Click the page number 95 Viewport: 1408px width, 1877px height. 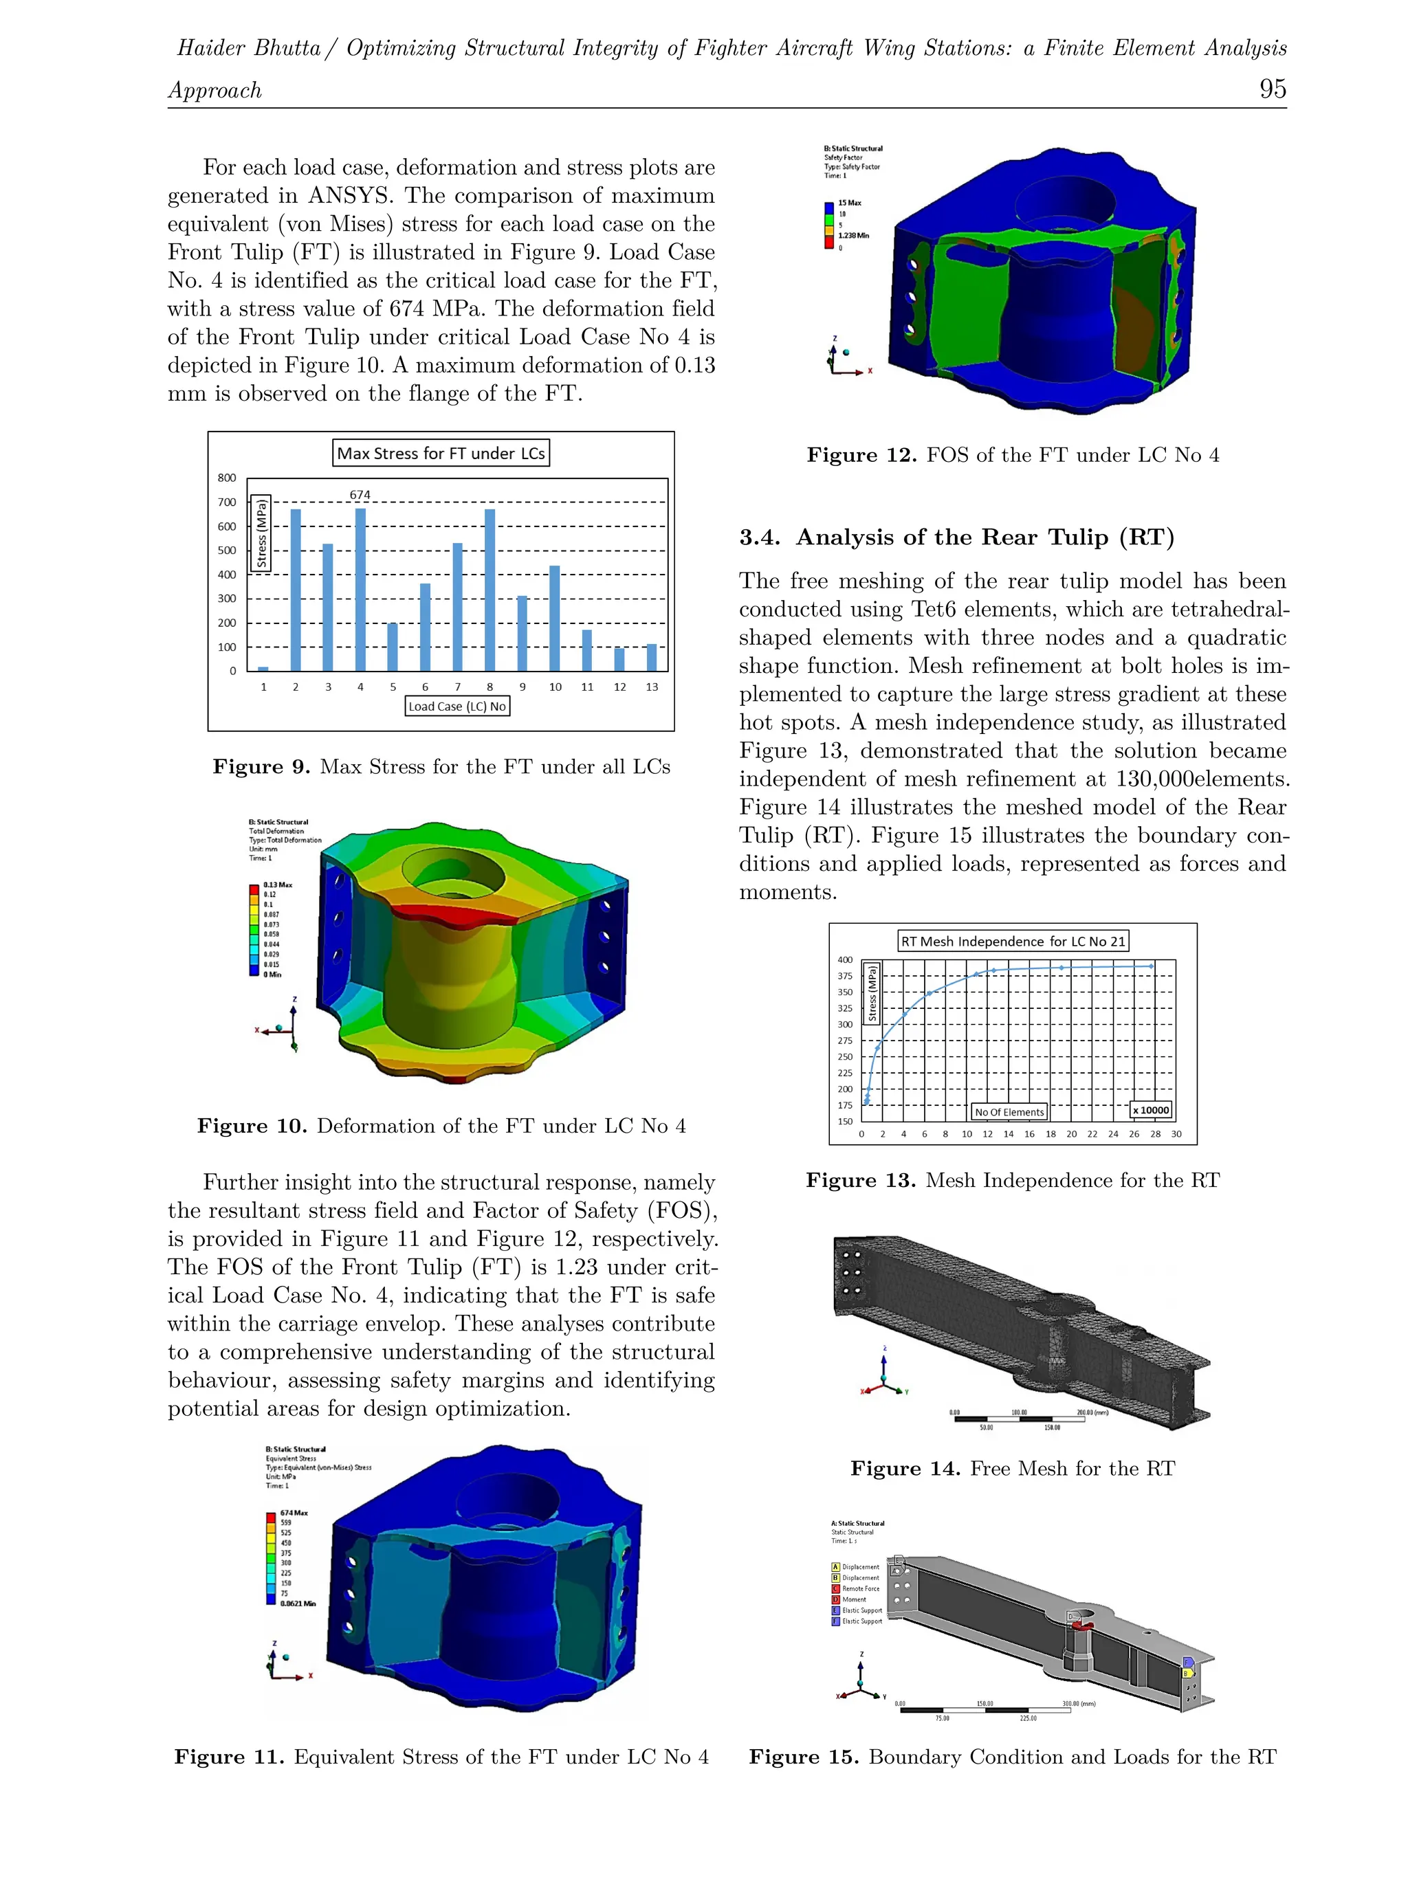(1271, 89)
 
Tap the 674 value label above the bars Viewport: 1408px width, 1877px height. (360, 495)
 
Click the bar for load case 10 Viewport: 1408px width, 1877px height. (554, 618)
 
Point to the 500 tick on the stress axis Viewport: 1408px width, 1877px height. (227, 550)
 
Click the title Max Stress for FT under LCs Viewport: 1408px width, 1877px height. (441, 453)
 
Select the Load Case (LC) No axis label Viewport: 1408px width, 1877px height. (456, 706)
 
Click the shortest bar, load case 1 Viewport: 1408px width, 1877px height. (263, 669)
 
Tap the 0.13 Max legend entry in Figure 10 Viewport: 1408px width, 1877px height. (278, 884)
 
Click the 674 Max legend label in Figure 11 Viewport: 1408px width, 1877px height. (294, 1513)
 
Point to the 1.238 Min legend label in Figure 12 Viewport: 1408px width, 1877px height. (853, 236)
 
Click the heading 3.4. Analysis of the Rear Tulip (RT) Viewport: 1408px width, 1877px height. (956, 537)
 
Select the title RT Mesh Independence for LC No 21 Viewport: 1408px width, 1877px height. (1013, 941)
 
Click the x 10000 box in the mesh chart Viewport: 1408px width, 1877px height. (1150, 1110)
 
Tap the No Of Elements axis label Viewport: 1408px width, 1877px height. (1009, 1111)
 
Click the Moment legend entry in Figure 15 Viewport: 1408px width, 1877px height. (853, 1599)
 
